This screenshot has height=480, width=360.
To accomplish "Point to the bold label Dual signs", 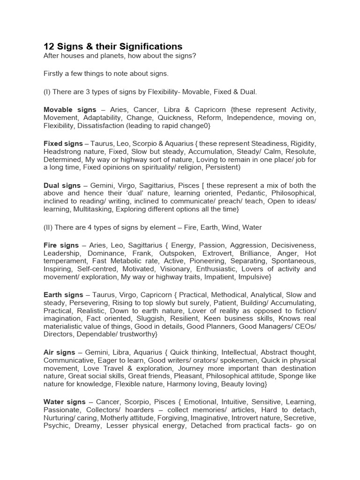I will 60,185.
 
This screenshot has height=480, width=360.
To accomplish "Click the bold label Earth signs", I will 63,295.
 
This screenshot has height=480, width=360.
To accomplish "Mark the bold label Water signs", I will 64,402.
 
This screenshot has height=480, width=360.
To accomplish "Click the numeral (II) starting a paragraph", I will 48,227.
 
